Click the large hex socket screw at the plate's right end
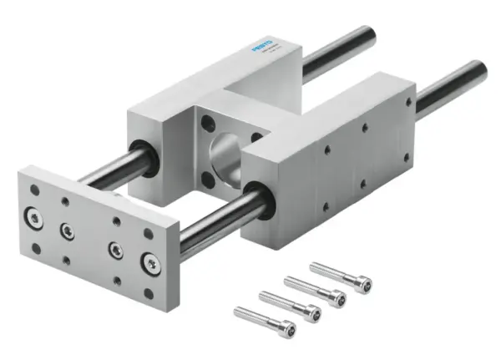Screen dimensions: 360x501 click(150, 263)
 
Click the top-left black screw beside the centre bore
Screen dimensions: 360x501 click(205, 124)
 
